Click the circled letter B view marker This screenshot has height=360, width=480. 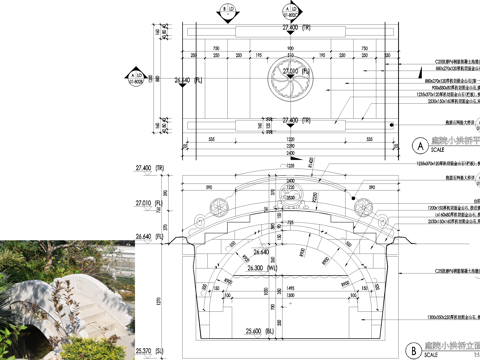tap(413, 349)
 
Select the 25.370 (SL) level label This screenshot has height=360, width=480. tap(149, 352)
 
